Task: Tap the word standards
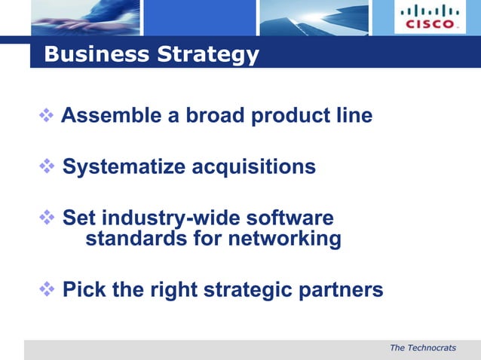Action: pos(133,239)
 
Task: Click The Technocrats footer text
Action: pos(423,347)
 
